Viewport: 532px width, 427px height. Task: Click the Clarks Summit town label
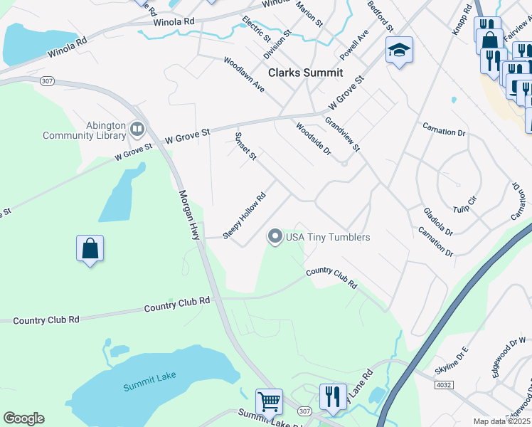pyautogui.click(x=305, y=73)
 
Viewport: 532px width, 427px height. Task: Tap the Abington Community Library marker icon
pyautogui.click(x=137, y=130)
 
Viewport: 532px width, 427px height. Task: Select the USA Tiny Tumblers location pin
pyautogui.click(x=275, y=236)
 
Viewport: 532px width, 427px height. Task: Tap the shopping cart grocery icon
pyautogui.click(x=269, y=401)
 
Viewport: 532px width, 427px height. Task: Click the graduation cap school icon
pyautogui.click(x=399, y=50)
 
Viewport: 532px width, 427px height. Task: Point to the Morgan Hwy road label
pyautogui.click(x=189, y=214)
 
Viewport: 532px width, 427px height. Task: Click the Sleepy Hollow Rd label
pyautogui.click(x=244, y=216)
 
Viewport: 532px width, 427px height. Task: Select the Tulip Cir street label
pyautogui.click(x=467, y=209)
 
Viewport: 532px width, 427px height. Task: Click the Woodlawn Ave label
pyautogui.click(x=244, y=75)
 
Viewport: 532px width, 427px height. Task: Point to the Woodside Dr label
pyautogui.click(x=314, y=138)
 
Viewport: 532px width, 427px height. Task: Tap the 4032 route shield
pyautogui.click(x=442, y=385)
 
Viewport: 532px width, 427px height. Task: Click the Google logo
pyautogui.click(x=23, y=418)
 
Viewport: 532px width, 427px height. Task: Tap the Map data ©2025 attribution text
pyautogui.click(x=501, y=421)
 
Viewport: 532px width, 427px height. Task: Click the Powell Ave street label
pyautogui.click(x=353, y=45)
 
